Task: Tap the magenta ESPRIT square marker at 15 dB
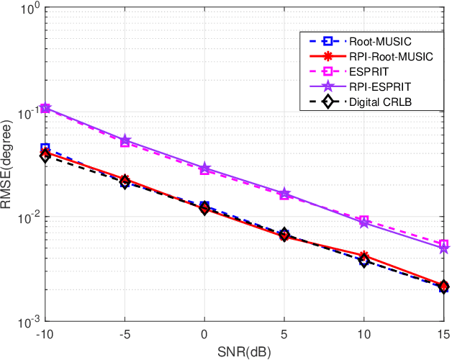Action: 444,245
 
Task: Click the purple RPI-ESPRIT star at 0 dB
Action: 204,168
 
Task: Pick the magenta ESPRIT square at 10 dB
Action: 364,220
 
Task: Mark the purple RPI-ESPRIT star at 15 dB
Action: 444,248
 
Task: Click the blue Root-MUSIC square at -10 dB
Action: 45,148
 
